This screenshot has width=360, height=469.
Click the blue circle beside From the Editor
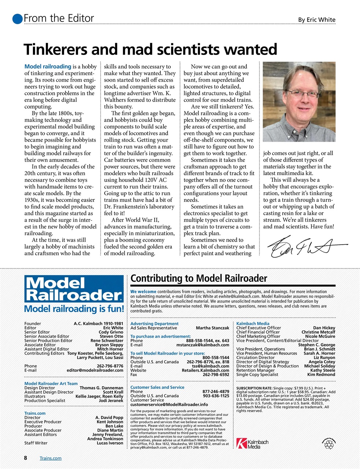pyautogui.click(x=17, y=18)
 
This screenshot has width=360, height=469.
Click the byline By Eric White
pyautogui.click(x=316, y=20)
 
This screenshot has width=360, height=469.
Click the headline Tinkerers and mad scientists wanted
pyautogui.click(x=150, y=49)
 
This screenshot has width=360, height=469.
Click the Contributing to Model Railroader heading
pyautogui.click(x=199, y=278)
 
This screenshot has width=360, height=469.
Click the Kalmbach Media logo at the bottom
pyautogui.click(x=252, y=443)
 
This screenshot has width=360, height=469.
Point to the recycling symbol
pyautogui.click(x=329, y=444)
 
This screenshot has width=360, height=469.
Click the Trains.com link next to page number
pyautogui.click(x=51, y=458)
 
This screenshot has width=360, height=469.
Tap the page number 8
pyautogui.click(x=25, y=458)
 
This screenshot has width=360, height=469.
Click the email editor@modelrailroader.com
pyautogui.click(x=95, y=370)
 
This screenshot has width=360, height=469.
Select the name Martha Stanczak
pyautogui.click(x=212, y=328)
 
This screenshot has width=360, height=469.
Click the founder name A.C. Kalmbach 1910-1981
pyautogui.click(x=98, y=324)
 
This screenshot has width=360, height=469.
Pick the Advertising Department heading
pyautogui.click(x=154, y=324)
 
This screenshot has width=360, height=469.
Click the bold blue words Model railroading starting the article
pyautogui.click(x=48, y=67)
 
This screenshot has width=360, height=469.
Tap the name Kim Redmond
pyautogui.click(x=321, y=374)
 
